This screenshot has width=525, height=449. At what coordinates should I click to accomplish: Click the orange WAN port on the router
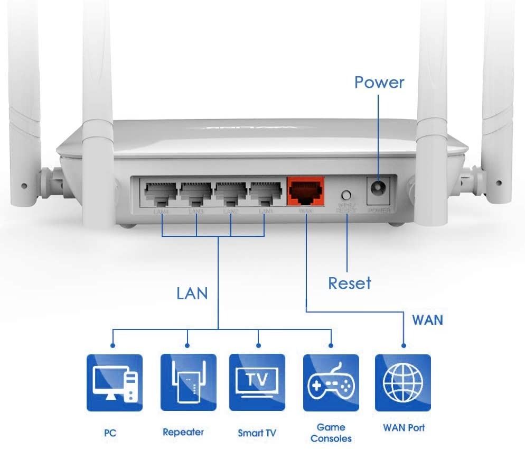click(x=305, y=191)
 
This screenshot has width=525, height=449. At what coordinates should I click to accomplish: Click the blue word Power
click(x=379, y=83)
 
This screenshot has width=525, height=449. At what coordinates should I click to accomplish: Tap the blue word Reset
click(x=349, y=283)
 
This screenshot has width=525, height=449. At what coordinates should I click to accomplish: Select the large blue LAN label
click(x=192, y=294)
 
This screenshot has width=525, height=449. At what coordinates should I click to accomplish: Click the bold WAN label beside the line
click(x=427, y=320)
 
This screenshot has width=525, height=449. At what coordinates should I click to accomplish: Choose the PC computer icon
click(x=114, y=382)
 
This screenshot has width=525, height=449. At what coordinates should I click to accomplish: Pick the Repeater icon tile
click(x=188, y=382)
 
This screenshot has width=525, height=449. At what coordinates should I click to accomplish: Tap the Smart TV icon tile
click(x=257, y=382)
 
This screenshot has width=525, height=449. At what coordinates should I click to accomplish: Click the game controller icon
click(x=331, y=382)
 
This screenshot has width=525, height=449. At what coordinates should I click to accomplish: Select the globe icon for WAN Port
click(x=403, y=382)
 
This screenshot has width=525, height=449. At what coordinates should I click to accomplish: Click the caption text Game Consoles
click(x=331, y=433)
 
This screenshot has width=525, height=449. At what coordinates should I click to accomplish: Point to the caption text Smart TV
click(x=257, y=433)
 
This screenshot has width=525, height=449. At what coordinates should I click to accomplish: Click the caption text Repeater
click(x=183, y=432)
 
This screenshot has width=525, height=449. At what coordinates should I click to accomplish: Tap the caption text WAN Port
click(x=404, y=427)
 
